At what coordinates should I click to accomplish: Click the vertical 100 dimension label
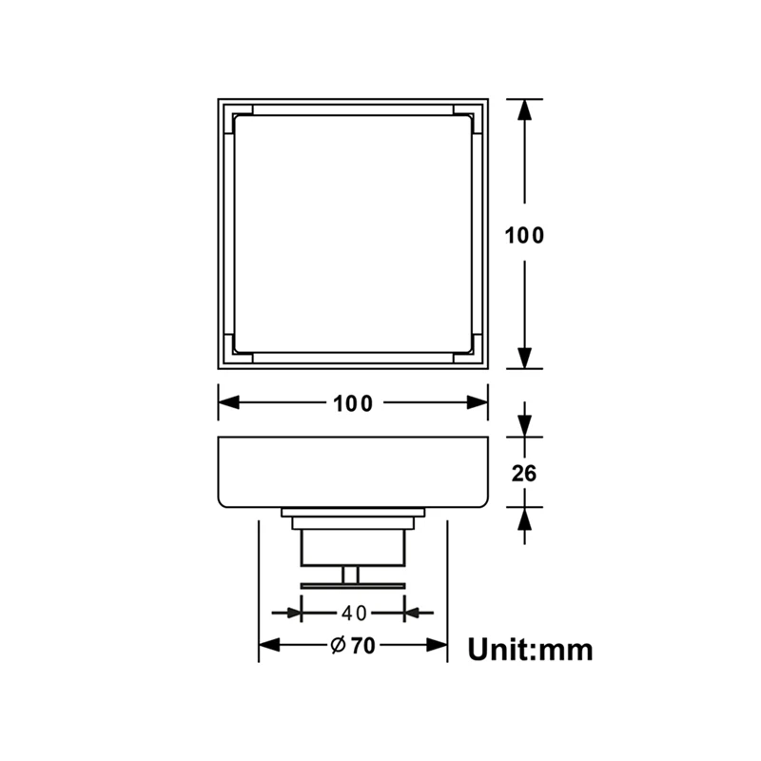point(525,235)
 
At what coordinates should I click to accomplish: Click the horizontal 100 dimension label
point(353,403)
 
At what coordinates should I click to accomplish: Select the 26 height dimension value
point(523,472)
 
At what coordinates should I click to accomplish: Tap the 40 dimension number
point(353,613)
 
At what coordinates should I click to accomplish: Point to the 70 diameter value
point(361,646)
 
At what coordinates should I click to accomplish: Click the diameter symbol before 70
point(337,646)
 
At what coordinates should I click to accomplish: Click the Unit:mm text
point(530,650)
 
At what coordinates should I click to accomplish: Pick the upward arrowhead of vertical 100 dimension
point(523,109)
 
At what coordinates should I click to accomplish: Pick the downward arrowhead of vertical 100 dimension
point(523,358)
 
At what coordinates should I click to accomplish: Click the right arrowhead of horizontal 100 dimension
point(477,403)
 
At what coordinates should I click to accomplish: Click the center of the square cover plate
point(353,233)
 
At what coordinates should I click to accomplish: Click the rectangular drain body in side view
point(353,472)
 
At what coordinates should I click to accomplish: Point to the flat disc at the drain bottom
point(353,583)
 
